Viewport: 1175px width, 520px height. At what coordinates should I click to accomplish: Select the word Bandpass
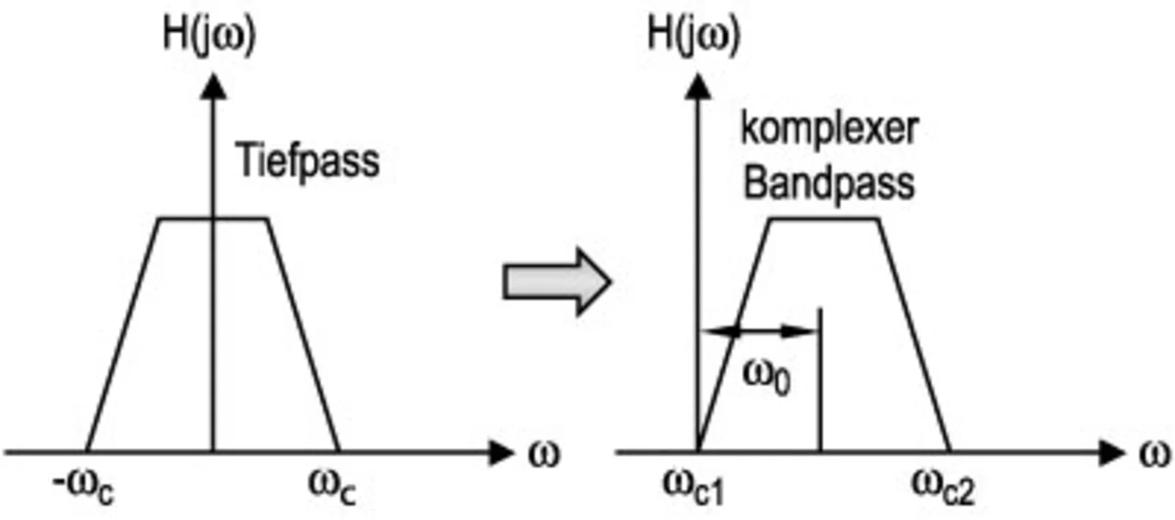tap(829, 183)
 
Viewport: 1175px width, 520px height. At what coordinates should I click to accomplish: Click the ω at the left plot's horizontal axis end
tap(543, 453)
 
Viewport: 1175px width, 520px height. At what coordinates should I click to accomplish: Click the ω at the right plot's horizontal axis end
tap(1156, 453)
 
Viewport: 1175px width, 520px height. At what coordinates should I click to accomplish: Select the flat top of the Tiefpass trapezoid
tap(213, 219)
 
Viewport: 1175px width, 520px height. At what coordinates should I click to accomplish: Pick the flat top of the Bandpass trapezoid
tap(823, 219)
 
